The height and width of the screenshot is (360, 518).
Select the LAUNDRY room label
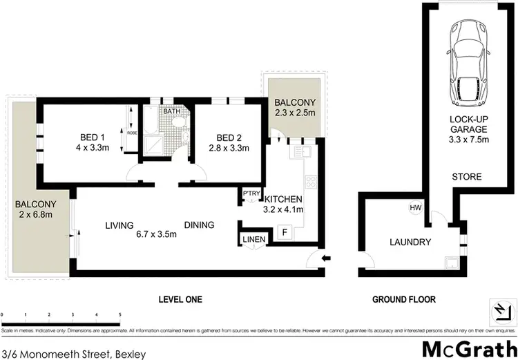(x=410, y=243)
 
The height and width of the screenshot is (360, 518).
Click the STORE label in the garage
(x=468, y=178)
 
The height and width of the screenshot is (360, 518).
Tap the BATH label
(x=172, y=111)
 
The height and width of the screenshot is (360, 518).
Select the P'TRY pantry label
(x=249, y=193)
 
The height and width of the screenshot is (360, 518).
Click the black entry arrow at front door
(x=327, y=260)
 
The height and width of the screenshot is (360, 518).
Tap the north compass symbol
(x=499, y=312)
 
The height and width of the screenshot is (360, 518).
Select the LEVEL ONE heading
(x=179, y=299)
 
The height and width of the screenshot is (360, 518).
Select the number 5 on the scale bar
(x=120, y=314)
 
